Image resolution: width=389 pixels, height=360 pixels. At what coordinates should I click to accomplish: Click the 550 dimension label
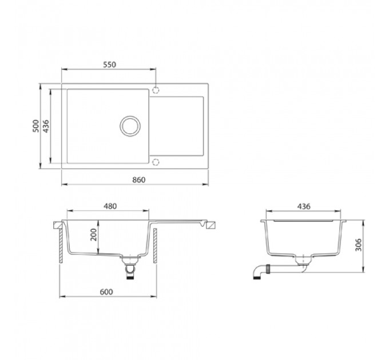point(109,65)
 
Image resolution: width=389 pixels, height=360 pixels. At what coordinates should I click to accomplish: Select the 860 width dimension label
point(138,180)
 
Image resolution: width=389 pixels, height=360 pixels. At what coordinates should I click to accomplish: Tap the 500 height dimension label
point(36,126)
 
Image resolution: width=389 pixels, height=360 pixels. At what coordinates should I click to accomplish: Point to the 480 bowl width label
point(110,206)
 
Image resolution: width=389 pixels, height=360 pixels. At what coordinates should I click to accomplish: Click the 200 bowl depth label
point(93,235)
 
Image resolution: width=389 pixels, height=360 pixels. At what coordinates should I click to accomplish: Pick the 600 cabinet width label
point(106,292)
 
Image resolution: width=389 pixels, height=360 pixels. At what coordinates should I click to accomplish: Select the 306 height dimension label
point(358,245)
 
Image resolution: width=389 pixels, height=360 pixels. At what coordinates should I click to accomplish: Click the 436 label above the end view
point(304,206)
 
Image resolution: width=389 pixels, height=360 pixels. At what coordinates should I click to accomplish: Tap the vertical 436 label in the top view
point(46,126)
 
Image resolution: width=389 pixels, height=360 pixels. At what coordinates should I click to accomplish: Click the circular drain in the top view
point(130,117)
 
